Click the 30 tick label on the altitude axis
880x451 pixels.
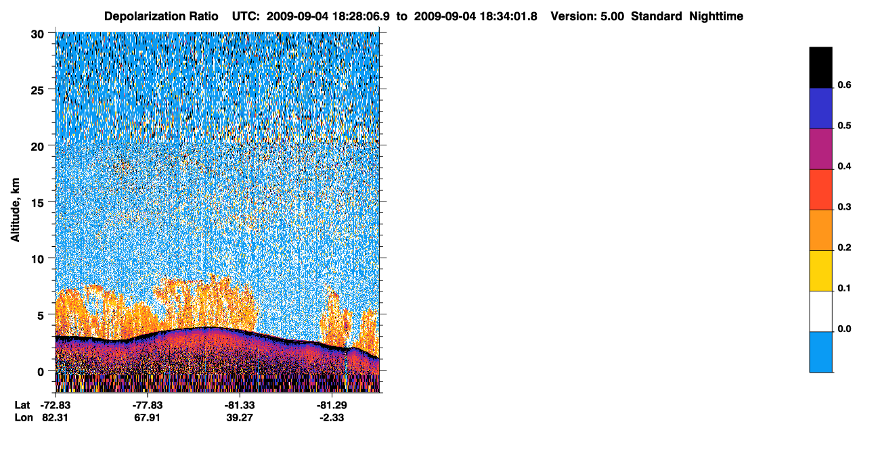pyautogui.click(x=37, y=34)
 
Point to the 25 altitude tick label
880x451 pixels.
pyautogui.click(x=37, y=91)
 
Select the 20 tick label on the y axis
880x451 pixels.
pyautogui.click(x=37, y=147)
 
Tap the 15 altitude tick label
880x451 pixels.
pyautogui.click(x=37, y=204)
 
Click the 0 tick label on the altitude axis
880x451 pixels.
pyautogui.click(x=41, y=372)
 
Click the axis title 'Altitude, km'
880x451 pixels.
pyautogui.click(x=15, y=210)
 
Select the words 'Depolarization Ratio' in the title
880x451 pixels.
pyautogui.click(x=161, y=16)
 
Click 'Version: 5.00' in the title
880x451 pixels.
pyautogui.click(x=587, y=16)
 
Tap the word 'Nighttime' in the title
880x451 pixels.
pyautogui.click(x=716, y=16)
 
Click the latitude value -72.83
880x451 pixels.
pyautogui.click(x=56, y=405)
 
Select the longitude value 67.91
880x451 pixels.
pyautogui.click(x=148, y=418)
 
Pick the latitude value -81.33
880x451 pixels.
pyautogui.click(x=240, y=405)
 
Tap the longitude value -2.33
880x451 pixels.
pyautogui.click(x=332, y=418)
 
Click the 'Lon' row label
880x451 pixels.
pyautogui.click(x=24, y=418)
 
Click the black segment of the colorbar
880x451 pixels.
pyautogui.click(x=820, y=68)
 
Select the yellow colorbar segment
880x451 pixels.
pyautogui.click(x=820, y=271)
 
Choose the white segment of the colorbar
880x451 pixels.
pyautogui.click(x=820, y=312)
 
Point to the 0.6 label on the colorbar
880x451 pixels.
pyautogui.click(x=844, y=85)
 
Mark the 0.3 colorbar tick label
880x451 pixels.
pyautogui.click(x=844, y=208)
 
